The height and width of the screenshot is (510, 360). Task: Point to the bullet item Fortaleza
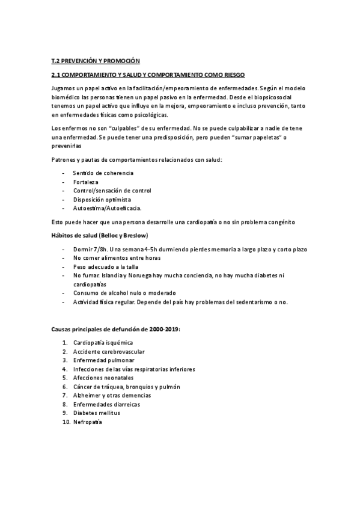pos(86,182)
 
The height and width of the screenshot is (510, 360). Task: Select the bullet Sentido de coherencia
pos(103,173)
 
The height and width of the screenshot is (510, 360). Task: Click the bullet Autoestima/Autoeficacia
pos(107,208)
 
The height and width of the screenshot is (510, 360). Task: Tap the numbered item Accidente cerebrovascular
pos(109,351)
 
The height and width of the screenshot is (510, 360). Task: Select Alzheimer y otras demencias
pos(112,396)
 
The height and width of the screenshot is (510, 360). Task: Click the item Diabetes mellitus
pos(97,413)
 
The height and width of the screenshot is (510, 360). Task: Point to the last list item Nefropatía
pos(88,422)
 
